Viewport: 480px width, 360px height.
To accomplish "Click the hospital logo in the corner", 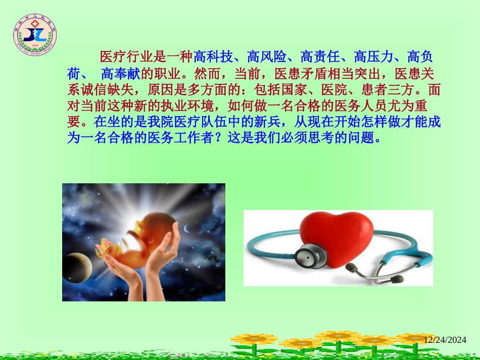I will click(35, 35).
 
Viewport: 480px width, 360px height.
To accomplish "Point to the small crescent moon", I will click(187, 230).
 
